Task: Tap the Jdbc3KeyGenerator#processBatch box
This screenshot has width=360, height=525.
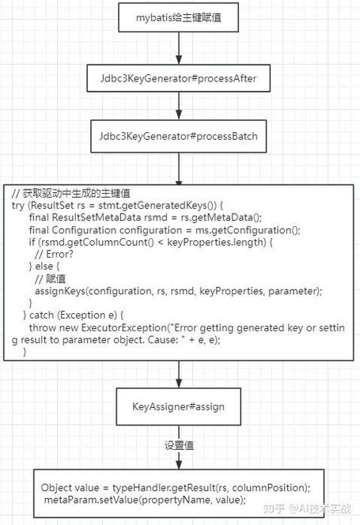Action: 179,135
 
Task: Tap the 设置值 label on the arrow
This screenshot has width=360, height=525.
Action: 179,445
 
